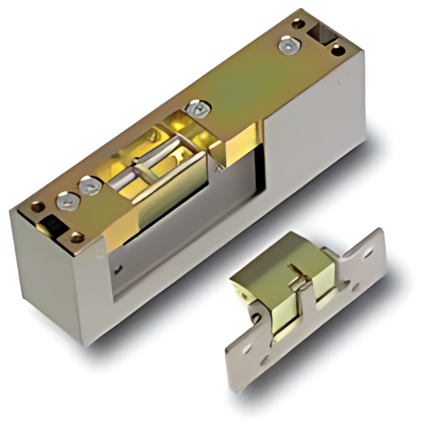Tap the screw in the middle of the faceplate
197,107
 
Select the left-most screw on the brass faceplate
67,200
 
